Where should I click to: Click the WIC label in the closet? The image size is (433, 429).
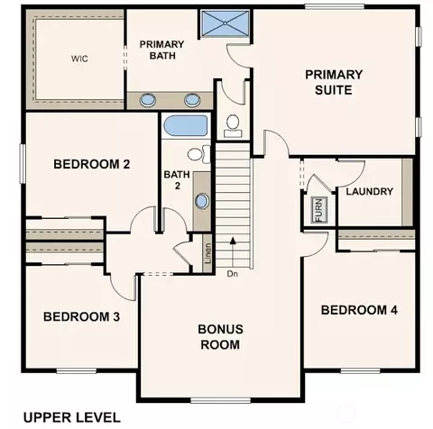point(79,59)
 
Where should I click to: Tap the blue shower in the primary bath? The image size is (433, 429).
point(226,23)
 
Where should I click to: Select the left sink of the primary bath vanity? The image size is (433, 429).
point(148,100)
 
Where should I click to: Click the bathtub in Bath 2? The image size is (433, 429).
point(186,125)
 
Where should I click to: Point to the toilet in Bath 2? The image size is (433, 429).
point(199,154)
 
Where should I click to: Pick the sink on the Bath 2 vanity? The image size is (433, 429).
point(202,201)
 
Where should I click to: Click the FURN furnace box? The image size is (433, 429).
point(318,209)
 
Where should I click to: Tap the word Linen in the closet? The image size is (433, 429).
point(207,253)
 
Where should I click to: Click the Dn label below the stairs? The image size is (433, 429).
point(233,274)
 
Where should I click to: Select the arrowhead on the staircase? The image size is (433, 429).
point(233,241)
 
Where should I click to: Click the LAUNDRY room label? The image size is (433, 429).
point(370,191)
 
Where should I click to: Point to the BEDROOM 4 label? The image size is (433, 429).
point(359,310)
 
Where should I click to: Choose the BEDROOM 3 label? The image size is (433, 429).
point(81,316)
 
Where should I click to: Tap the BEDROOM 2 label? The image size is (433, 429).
point(92,164)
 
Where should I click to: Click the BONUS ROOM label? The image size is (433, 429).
point(220,337)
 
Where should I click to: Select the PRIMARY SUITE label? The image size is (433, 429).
point(334,82)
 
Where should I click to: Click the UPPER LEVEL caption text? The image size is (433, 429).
point(72,417)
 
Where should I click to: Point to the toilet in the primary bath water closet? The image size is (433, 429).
point(233,126)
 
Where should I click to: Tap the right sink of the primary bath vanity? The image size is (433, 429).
point(192,100)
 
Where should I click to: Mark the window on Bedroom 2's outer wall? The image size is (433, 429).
point(23,163)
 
